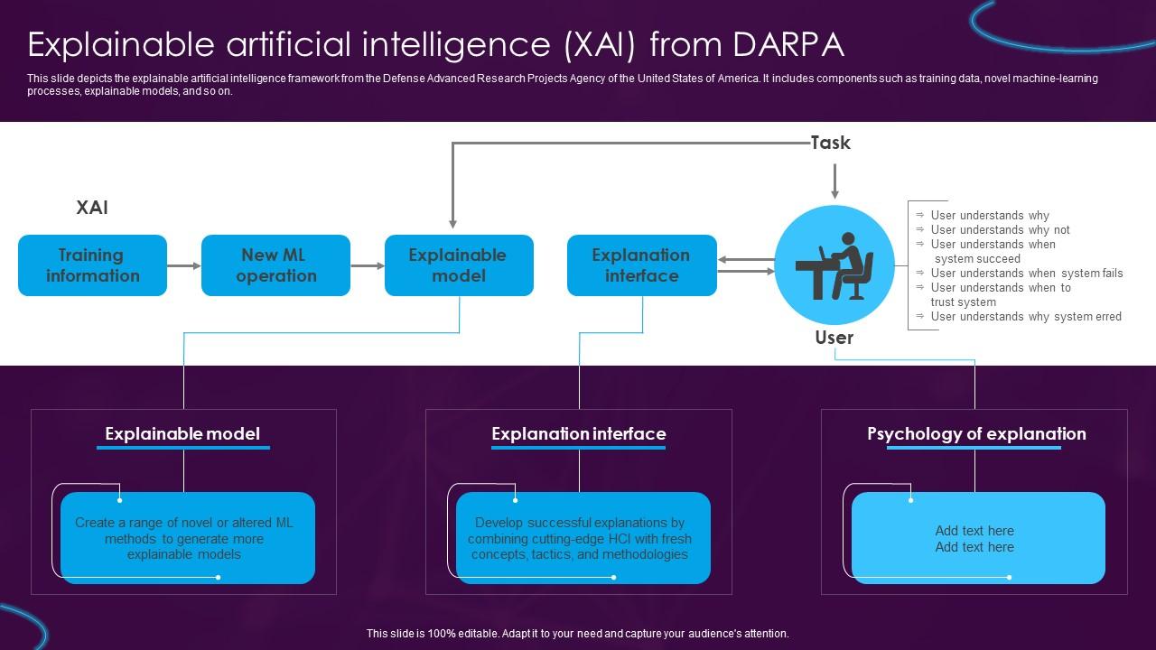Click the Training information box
click(x=92, y=265)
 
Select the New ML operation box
click(x=275, y=265)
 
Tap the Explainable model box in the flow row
click(x=459, y=265)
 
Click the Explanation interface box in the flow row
click(x=641, y=265)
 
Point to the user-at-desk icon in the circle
click(x=834, y=265)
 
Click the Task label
click(x=830, y=143)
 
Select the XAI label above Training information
click(x=92, y=208)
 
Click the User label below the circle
click(x=834, y=338)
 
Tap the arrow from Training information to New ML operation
click(x=184, y=265)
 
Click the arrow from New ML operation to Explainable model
click(x=368, y=265)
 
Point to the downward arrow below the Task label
click(x=834, y=181)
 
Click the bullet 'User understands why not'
click(x=1000, y=230)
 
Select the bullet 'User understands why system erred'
click(x=1026, y=317)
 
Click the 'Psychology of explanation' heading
click(x=976, y=434)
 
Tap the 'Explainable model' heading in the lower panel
click(x=182, y=434)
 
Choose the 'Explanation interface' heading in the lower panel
click(x=579, y=434)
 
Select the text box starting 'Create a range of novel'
click(x=185, y=538)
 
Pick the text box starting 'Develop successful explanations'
click(x=581, y=538)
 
